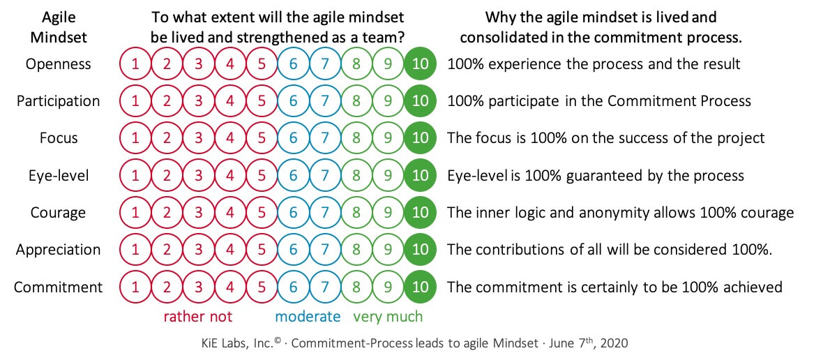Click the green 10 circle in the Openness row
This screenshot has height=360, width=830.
click(420, 64)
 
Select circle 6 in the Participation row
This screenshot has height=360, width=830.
click(293, 101)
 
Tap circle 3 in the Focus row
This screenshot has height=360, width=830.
click(198, 138)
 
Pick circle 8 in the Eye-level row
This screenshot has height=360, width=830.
click(356, 175)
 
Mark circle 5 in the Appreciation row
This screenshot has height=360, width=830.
click(262, 250)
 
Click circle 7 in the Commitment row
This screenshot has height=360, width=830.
click(325, 287)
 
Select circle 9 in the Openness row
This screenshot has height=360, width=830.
click(388, 64)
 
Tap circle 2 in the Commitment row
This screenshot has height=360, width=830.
click(167, 287)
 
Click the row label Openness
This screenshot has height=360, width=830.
click(58, 64)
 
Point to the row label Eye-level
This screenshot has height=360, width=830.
click(59, 175)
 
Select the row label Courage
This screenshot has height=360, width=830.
click(58, 213)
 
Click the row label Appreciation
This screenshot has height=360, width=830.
click(58, 250)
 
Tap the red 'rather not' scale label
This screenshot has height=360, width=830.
click(198, 317)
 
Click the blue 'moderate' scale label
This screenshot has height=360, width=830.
click(308, 317)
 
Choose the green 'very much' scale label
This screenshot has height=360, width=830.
click(388, 317)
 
